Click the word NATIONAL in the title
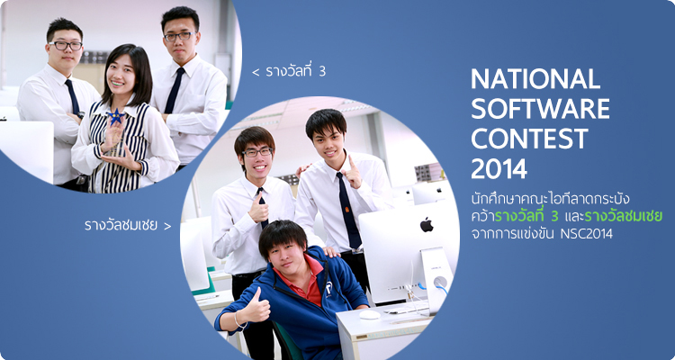click(535, 78)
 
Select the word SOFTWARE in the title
click(540, 109)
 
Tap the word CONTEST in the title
click(529, 139)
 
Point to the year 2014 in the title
click(499, 169)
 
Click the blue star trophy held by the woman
click(115, 117)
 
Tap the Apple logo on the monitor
click(427, 224)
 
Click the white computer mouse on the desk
click(370, 315)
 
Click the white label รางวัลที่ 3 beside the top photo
click(295, 70)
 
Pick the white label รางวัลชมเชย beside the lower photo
click(121, 225)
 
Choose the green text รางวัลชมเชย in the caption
click(624, 216)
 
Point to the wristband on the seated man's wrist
click(237, 320)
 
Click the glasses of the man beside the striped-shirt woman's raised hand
click(66, 45)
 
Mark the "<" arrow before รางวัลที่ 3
click(256, 72)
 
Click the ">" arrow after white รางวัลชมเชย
click(167, 226)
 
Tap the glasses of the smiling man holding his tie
click(257, 152)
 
